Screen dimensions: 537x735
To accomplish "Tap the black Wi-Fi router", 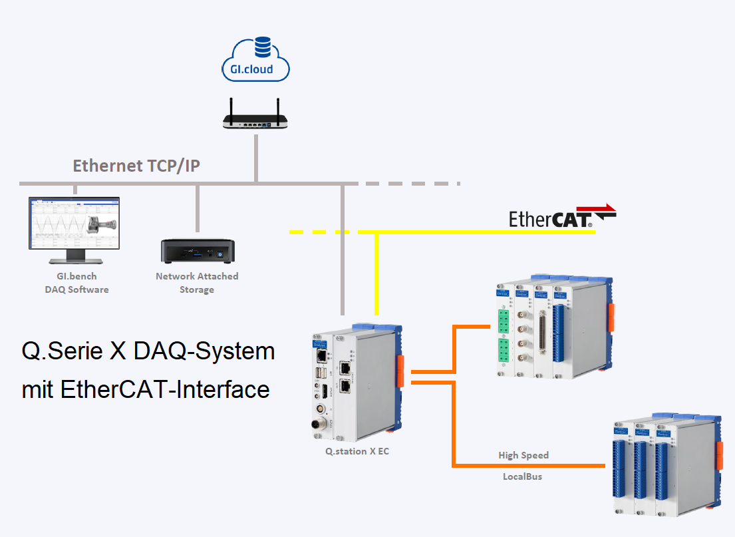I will pyautogui.click(x=256, y=120).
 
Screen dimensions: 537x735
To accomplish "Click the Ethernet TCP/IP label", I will pyautogui.click(x=136, y=166).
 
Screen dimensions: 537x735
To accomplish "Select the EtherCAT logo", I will pyautogui.click(x=562, y=217).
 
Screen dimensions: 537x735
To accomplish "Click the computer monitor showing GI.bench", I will pyautogui.click(x=74, y=224).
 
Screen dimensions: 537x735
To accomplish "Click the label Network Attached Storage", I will pyautogui.click(x=197, y=283).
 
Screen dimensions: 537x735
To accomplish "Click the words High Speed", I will pyautogui.click(x=523, y=455).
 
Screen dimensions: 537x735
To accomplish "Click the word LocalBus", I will pyautogui.click(x=522, y=476).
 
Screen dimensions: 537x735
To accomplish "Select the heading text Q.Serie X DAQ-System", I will pyautogui.click(x=148, y=351).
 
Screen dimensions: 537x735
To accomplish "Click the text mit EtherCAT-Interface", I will pyautogui.click(x=146, y=389).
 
